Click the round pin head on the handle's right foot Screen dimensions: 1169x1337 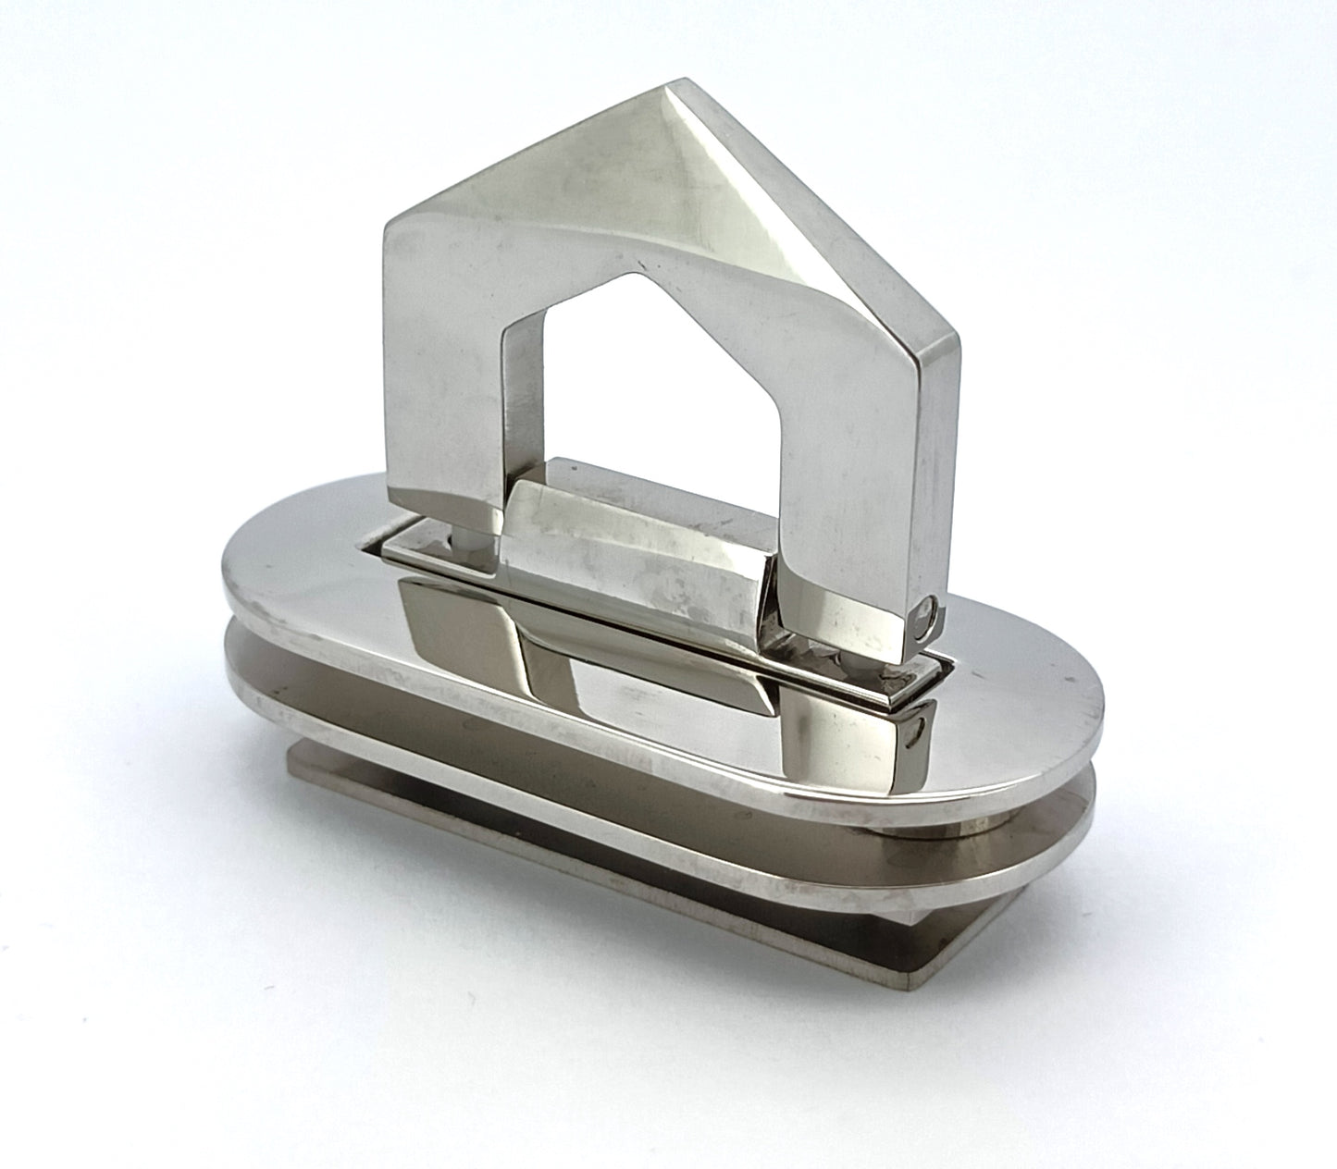(x=926, y=615)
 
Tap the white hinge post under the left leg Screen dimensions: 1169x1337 (x=460, y=540)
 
